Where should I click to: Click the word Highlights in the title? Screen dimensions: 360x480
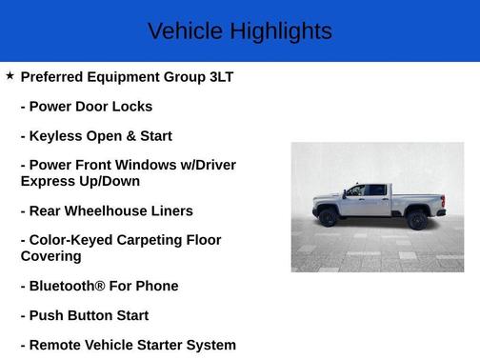click(x=276, y=31)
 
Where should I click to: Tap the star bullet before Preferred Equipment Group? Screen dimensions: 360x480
click(x=10, y=75)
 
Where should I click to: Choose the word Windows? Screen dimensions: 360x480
click(x=151, y=166)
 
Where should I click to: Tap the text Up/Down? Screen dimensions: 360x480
click(x=107, y=181)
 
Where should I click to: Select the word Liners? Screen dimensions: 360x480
click(x=171, y=210)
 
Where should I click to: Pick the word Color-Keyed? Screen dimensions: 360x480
click(x=71, y=240)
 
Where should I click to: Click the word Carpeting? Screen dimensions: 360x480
click(x=152, y=240)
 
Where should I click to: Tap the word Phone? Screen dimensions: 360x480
click(x=157, y=286)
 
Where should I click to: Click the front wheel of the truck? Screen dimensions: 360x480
click(x=329, y=218)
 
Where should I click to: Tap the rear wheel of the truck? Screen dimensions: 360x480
click(x=416, y=220)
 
